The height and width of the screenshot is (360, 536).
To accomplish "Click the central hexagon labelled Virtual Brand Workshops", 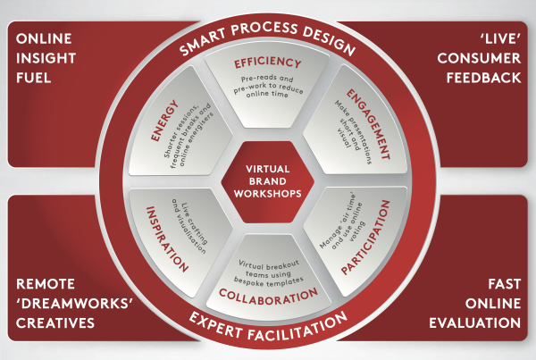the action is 268,181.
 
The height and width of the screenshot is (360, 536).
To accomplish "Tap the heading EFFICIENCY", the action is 268,63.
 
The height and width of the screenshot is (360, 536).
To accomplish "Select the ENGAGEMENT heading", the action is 368,124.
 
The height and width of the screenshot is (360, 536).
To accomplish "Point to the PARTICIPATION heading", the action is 365,238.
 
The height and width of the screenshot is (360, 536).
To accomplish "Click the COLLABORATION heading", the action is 268,297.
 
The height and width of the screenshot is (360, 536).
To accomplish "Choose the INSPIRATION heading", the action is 167,239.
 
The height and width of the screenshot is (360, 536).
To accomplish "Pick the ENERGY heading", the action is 164,121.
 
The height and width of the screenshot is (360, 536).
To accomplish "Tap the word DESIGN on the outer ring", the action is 329,40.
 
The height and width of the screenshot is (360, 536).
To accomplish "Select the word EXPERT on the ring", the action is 215,324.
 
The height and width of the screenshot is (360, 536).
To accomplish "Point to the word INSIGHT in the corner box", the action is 46,58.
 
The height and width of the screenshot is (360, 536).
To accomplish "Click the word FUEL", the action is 34,78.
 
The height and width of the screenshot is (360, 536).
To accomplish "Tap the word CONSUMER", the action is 479,58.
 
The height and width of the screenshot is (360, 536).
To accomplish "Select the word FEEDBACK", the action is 483,78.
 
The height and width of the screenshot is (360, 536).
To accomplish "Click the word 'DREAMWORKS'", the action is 74,304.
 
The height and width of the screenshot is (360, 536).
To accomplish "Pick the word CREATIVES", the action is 55,323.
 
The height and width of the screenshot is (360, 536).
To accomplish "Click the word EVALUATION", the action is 475,323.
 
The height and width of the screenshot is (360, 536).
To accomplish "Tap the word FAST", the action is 504,284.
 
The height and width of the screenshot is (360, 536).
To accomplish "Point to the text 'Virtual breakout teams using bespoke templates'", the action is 269,273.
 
